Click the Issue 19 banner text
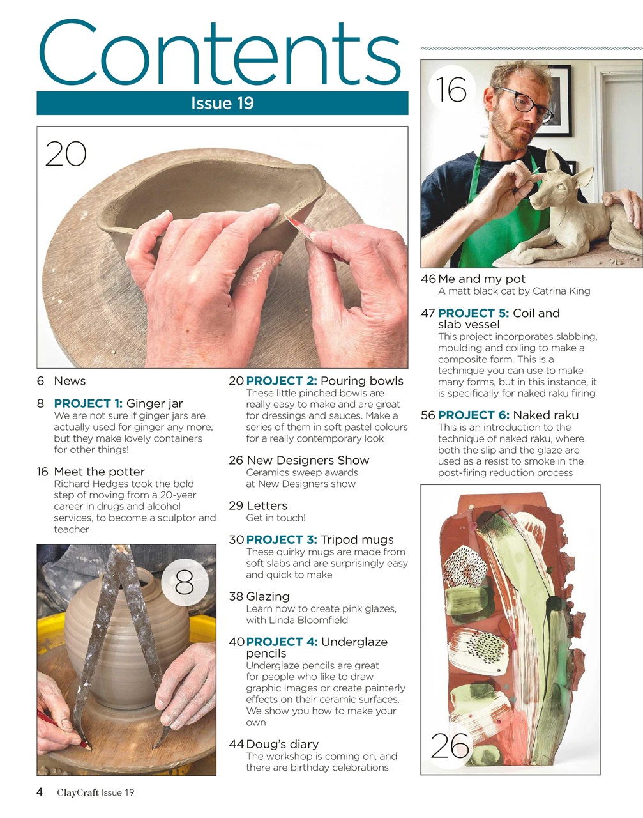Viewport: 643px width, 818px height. (222, 104)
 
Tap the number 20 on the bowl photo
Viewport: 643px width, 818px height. (66, 154)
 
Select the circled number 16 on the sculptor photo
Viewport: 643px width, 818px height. (451, 89)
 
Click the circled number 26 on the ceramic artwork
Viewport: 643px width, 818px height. (450, 746)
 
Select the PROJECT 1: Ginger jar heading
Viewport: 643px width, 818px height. (118, 403)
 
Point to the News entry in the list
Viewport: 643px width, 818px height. (70, 381)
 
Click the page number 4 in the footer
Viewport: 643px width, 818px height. (40, 792)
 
